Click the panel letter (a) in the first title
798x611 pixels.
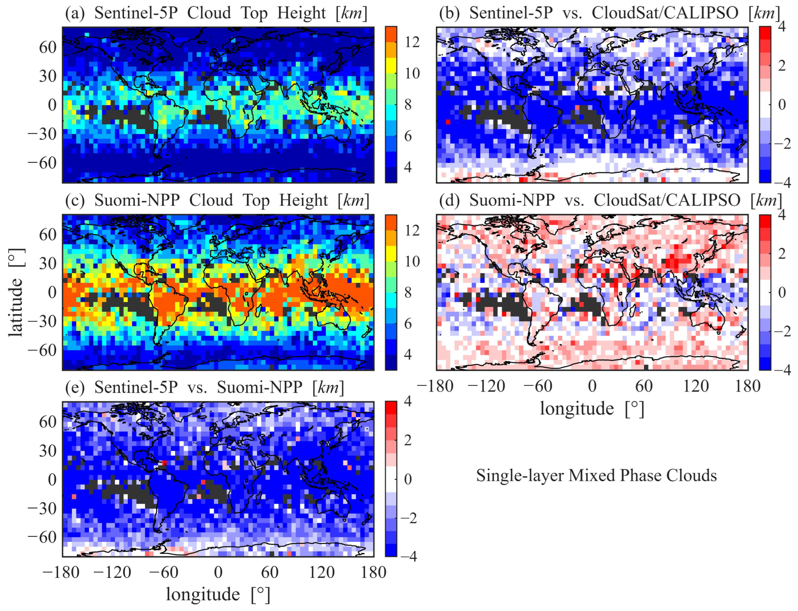tap(75, 14)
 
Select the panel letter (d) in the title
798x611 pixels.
tap(449, 201)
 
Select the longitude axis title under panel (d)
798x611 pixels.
tap(592, 408)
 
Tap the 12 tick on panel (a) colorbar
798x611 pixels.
tap(412, 42)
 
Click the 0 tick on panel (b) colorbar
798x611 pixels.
tap(781, 105)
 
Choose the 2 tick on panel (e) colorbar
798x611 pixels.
tap(408, 440)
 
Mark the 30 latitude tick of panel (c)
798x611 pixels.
tap(48, 263)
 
